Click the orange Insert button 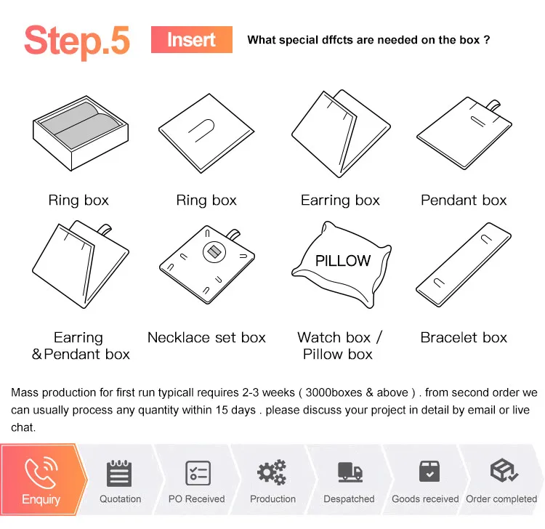(192, 40)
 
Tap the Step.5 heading (77, 41)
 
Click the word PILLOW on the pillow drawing (343, 261)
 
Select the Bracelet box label (464, 337)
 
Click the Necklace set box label (206, 337)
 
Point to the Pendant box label (464, 201)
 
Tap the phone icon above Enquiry (41, 473)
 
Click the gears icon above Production (272, 472)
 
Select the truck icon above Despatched (350, 472)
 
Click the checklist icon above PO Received (198, 473)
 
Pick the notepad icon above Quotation (119, 473)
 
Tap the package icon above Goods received (429, 472)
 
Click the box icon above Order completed (504, 470)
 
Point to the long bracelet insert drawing (464, 264)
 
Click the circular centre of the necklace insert (214, 251)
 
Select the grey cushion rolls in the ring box (81, 125)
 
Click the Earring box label (340, 201)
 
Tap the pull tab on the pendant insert (493, 105)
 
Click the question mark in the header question (487, 40)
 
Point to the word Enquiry (41, 499)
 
